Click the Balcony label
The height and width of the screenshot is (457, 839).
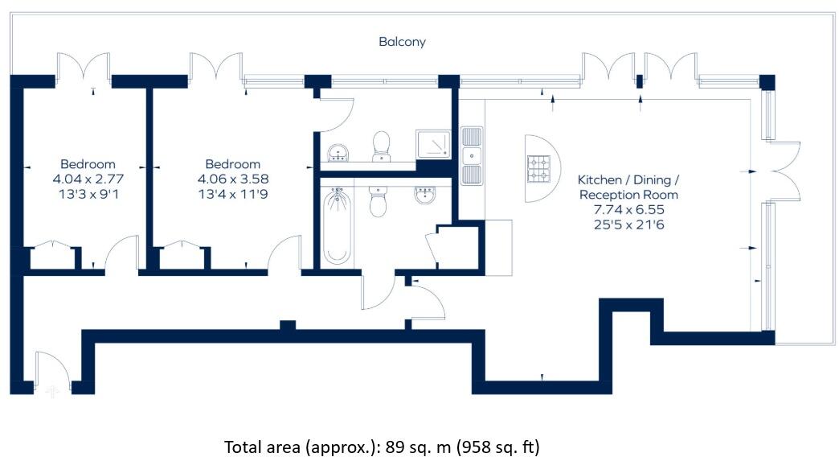click(402, 42)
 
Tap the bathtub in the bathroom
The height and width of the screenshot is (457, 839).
click(338, 225)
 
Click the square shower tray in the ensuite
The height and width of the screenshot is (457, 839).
click(434, 145)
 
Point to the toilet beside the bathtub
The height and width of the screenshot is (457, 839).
click(377, 201)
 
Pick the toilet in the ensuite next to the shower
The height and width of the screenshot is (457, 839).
click(381, 146)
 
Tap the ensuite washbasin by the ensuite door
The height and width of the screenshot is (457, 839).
click(338, 151)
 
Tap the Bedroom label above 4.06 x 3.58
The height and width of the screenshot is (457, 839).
click(233, 164)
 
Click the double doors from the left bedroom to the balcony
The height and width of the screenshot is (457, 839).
click(83, 68)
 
